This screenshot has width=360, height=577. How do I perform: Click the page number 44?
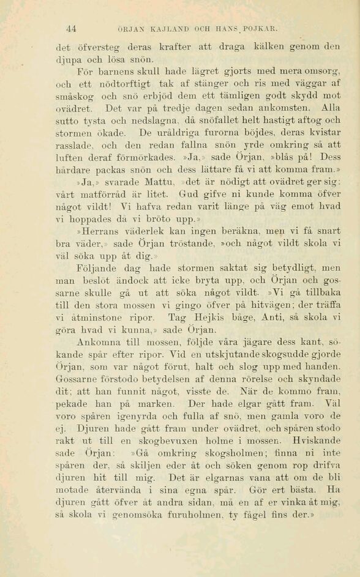[70, 29]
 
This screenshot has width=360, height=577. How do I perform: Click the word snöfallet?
[242, 121]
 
